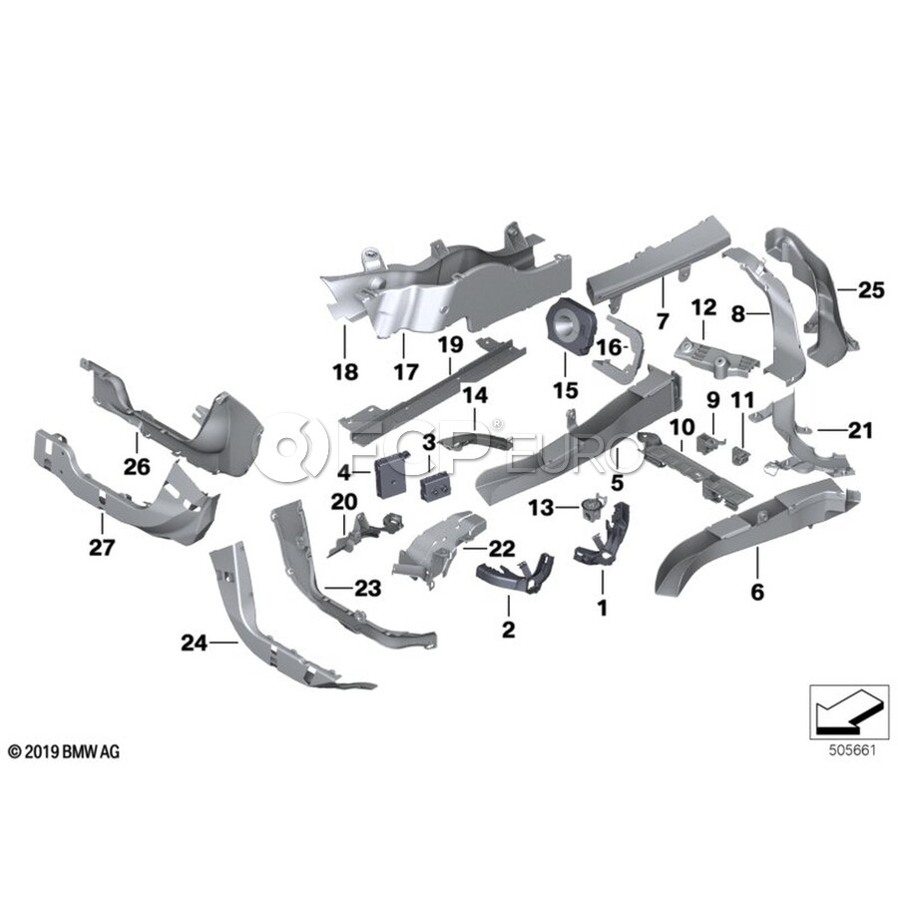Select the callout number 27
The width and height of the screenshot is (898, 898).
(x=103, y=548)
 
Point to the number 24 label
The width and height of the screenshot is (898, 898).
(x=194, y=645)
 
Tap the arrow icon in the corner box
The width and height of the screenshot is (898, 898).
(x=845, y=713)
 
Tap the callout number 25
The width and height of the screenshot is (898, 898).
(x=871, y=290)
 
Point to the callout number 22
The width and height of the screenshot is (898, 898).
(x=502, y=547)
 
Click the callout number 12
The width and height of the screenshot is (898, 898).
(x=704, y=304)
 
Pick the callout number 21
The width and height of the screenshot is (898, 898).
(x=861, y=431)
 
